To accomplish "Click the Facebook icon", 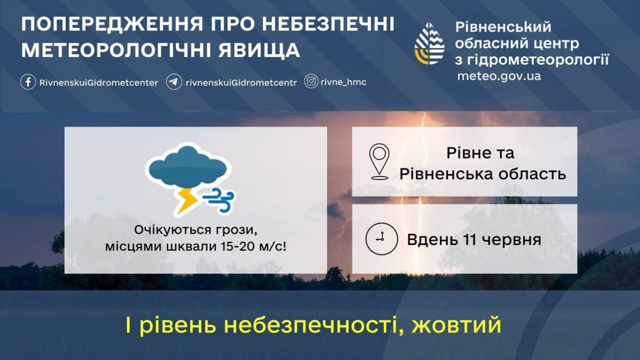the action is click(28, 82).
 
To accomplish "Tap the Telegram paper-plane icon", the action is click(174, 82).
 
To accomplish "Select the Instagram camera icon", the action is click(311, 81).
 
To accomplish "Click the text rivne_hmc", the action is click(343, 82).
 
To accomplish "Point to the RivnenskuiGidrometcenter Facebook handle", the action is click(99, 83).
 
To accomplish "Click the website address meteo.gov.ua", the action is click(499, 76).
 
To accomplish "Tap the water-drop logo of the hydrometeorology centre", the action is click(429, 43).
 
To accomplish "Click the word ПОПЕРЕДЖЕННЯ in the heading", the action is click(112, 24).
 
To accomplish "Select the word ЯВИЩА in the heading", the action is click(260, 50).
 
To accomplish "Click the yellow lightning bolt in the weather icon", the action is click(186, 201).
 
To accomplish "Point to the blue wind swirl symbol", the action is click(219, 200).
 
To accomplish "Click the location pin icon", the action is click(379, 161).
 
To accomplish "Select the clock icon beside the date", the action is click(381, 239).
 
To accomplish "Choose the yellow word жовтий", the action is click(456, 325).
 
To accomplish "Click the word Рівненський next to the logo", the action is click(503, 27).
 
